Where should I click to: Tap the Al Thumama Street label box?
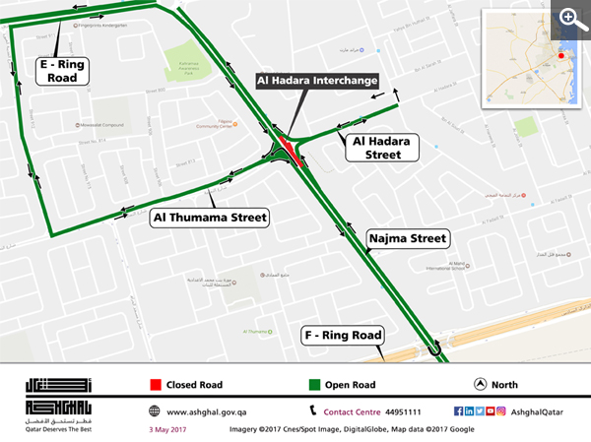point(210,218)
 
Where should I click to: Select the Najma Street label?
point(407,238)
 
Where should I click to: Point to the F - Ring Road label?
point(341,336)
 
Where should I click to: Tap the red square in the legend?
point(155,383)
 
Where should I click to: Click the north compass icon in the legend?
point(480,383)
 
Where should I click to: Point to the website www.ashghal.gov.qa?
point(205,410)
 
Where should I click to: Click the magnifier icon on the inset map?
point(569,18)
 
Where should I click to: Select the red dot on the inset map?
point(562,56)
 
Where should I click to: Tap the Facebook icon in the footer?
point(457,410)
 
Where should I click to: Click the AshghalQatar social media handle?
point(538,410)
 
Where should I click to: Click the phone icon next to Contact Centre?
point(313,410)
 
